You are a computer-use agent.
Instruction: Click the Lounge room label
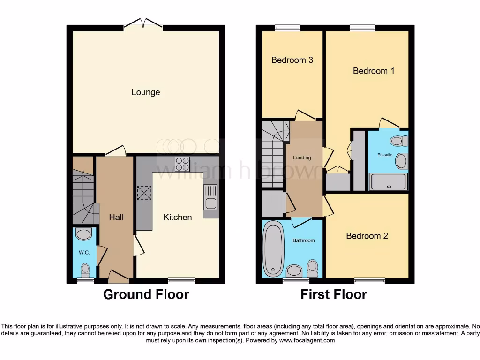pos(145,92)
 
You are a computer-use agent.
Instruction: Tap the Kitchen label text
pos(177,217)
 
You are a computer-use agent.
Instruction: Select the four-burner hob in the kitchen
pos(182,164)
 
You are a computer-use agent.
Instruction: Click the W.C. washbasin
pos(84,234)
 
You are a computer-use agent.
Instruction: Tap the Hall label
pos(116,217)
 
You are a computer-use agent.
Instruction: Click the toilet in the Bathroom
pos(312,268)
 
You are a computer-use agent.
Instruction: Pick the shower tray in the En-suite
pos(388,182)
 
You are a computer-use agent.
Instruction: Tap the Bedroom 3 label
pos(292,60)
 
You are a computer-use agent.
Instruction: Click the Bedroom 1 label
pos(373,71)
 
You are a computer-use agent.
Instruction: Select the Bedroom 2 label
pos(367,236)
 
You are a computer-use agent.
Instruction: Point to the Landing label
pos(302,157)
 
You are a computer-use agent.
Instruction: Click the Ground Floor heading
pos(146,294)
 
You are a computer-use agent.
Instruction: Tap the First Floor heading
pos(333,294)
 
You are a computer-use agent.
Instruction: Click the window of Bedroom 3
pos(287,28)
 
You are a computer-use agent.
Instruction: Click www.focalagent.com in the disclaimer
pos(307,340)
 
